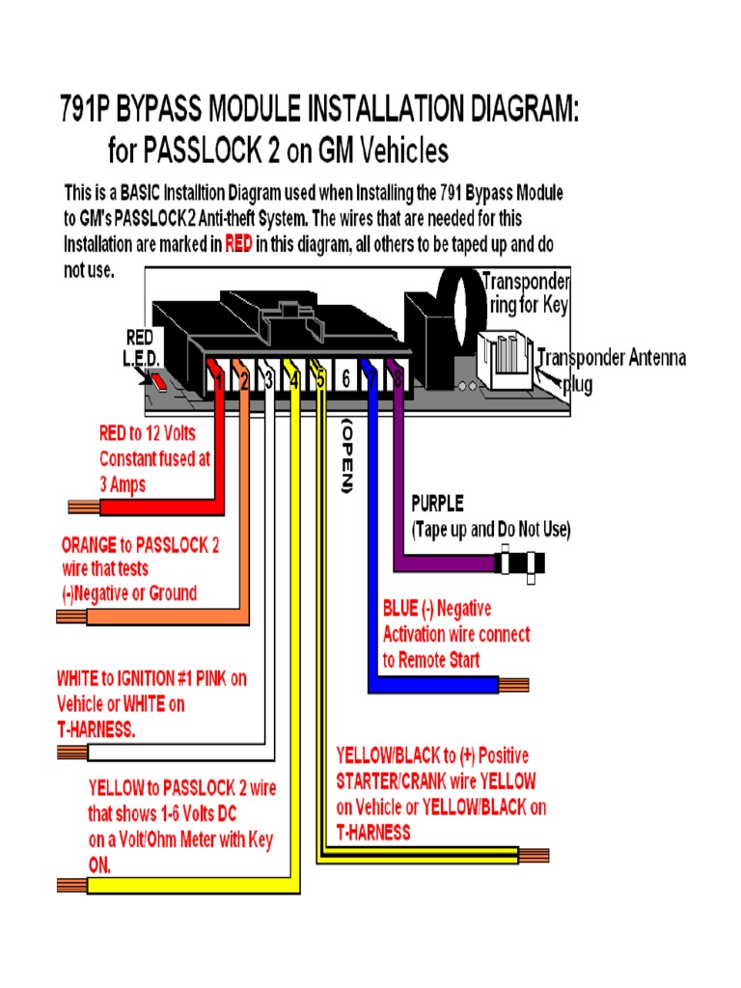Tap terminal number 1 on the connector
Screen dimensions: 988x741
[x=220, y=381]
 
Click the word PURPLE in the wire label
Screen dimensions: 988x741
[x=437, y=504]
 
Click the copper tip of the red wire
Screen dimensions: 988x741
[x=81, y=506]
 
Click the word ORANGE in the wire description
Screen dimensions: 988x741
[x=92, y=545]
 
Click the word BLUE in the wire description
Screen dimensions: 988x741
[x=399, y=609]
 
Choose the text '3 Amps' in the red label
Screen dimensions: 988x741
[x=123, y=484]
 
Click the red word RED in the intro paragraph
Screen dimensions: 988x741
[x=238, y=244]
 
